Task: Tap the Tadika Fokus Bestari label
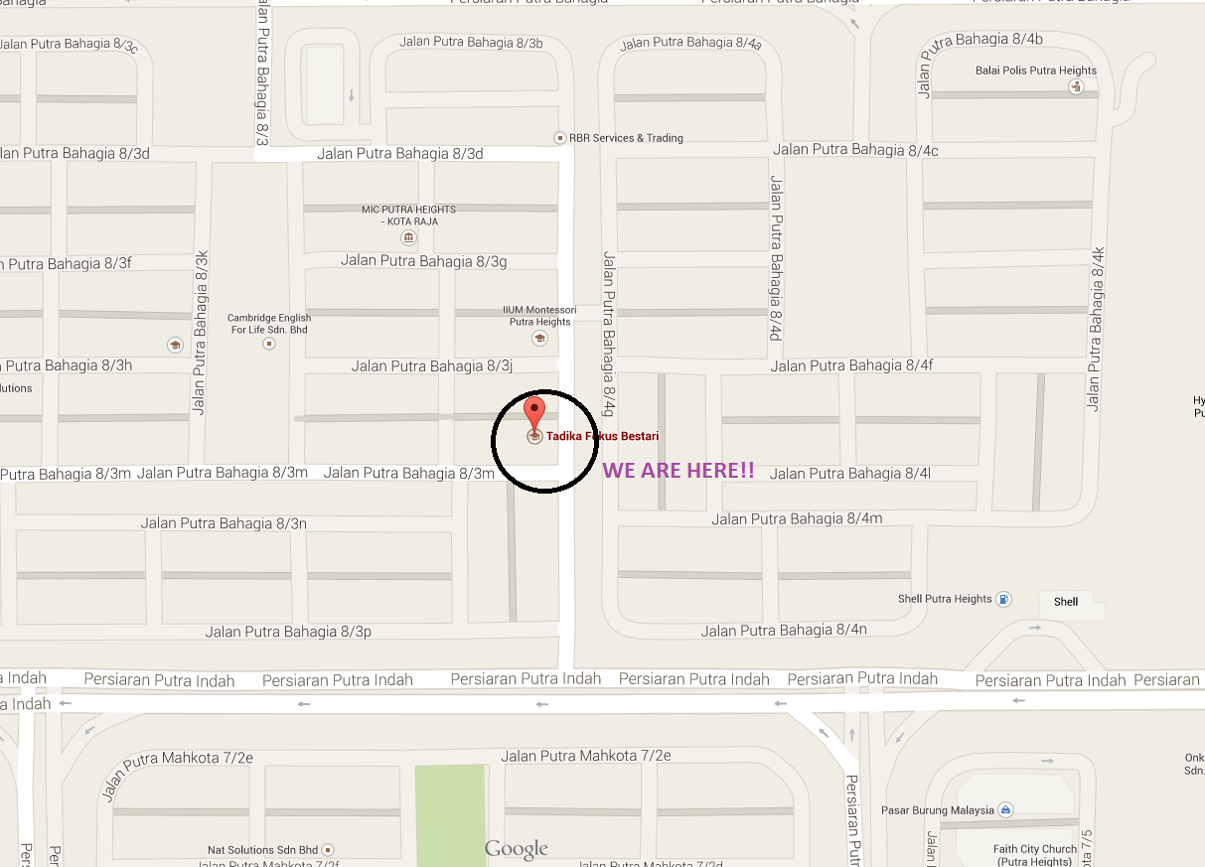602,436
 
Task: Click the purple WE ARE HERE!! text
678,471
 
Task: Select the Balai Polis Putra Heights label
1036,71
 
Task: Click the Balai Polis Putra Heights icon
1075,87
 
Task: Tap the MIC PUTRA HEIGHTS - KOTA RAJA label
408,216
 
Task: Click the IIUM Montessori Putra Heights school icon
539,338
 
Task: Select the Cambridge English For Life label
268,324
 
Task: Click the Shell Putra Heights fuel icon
1004,599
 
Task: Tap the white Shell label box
1066,601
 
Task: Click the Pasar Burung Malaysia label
937,810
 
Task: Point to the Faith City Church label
1034,855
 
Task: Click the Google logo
516,849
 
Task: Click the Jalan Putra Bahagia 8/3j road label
431,366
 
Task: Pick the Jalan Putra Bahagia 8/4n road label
784,631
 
